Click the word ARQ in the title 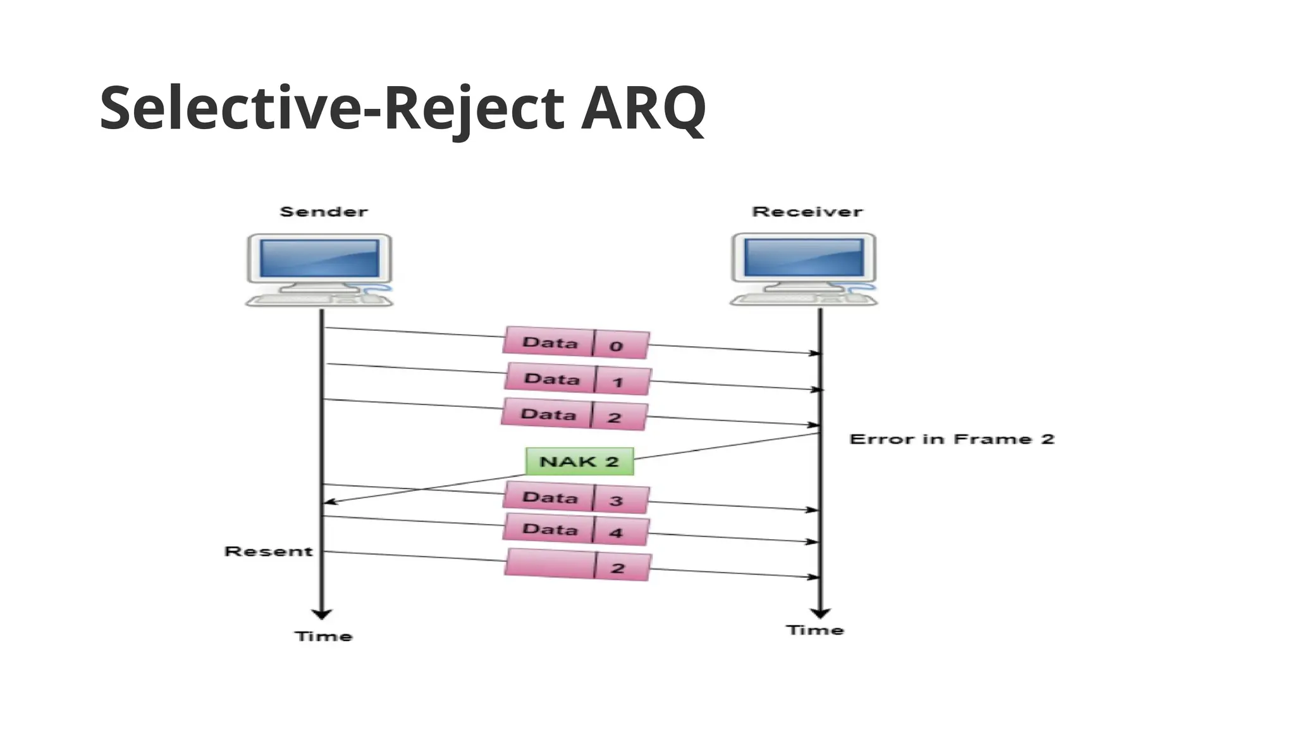(642, 108)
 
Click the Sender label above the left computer (323, 212)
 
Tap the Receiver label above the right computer (807, 212)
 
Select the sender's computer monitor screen (319, 258)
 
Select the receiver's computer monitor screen (804, 258)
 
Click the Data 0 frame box (576, 344)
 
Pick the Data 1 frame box (577, 380)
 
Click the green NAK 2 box (579, 461)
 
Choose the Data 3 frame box (576, 499)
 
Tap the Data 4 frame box (576, 530)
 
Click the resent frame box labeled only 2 (577, 565)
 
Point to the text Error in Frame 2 (952, 439)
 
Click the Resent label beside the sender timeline (269, 552)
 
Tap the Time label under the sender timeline (323, 637)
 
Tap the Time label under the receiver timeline (815, 630)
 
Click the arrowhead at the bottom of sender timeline (321, 614)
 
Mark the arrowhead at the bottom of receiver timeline (820, 613)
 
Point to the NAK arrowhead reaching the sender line (328, 502)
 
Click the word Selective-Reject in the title (331, 108)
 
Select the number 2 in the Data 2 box (614, 418)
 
